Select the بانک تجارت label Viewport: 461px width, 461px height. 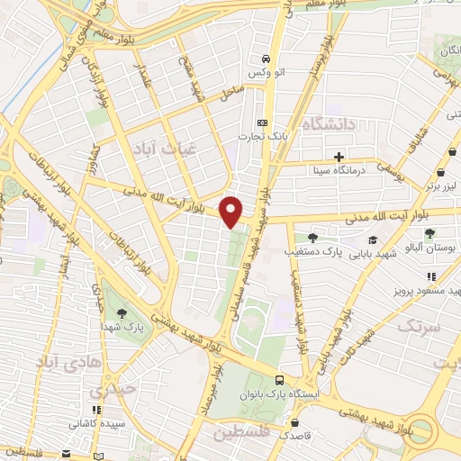click(x=255, y=136)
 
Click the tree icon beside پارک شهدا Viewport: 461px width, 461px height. click(x=120, y=314)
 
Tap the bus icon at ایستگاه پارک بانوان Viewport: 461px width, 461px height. click(x=279, y=382)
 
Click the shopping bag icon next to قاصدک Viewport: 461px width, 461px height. click(x=294, y=421)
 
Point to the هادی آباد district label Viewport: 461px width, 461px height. click(x=65, y=361)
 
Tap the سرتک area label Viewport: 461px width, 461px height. click(x=419, y=326)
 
